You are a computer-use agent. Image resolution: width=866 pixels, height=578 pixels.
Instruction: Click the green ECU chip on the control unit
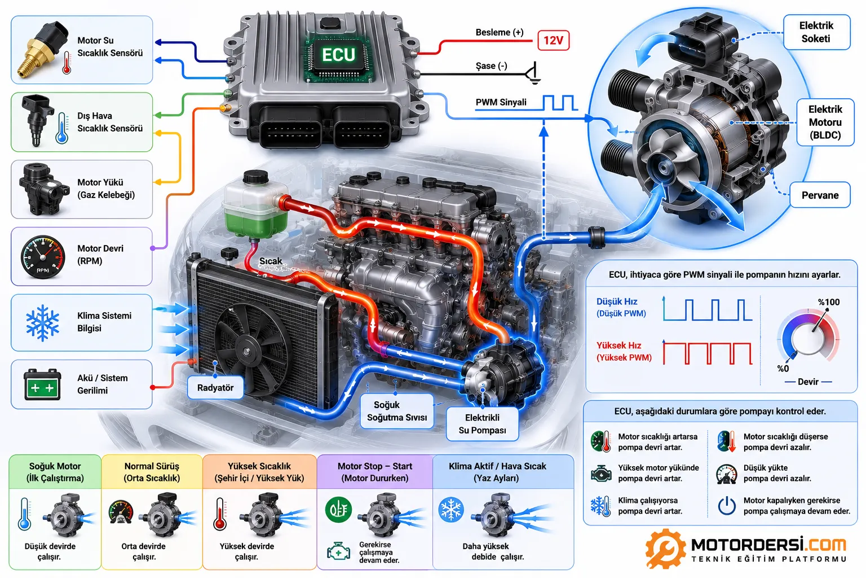(339, 56)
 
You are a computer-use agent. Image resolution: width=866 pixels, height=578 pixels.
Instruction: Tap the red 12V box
(553, 40)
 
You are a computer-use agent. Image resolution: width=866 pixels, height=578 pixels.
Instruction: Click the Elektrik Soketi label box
(816, 32)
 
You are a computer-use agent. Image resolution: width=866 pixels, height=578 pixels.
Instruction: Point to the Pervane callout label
(820, 195)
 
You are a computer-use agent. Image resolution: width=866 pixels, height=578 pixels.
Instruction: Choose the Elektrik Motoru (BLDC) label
(825, 122)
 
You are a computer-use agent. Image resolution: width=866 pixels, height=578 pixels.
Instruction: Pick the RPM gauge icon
(42, 257)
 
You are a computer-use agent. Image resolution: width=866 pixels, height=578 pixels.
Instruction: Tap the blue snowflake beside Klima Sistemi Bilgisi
(42, 323)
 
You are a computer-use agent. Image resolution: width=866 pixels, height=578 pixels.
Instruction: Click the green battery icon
(42, 384)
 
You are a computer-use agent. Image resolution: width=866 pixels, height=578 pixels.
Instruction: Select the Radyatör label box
(215, 388)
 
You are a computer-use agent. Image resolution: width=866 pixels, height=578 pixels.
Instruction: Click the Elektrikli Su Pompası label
(482, 424)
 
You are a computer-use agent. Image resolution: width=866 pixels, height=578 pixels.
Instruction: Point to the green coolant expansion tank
(255, 207)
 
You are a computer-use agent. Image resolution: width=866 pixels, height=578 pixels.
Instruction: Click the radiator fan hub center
(246, 352)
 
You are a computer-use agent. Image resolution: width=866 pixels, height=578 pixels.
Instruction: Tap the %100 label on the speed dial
(828, 303)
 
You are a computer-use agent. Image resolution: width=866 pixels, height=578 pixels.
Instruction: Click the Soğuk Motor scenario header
(55, 472)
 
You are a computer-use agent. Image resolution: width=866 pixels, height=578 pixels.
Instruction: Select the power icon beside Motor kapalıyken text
(726, 506)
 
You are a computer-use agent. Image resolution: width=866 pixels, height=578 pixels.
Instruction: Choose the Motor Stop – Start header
(374, 472)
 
